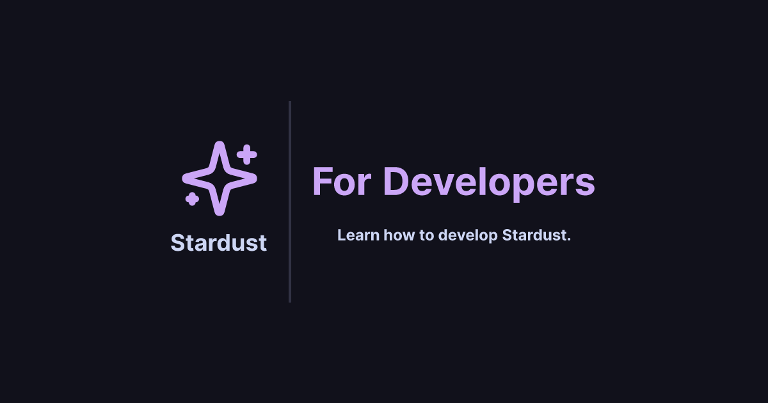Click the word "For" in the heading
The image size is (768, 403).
[x=343, y=182]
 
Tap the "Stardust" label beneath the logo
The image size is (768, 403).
[x=218, y=243]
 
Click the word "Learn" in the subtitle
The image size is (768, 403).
[x=358, y=235]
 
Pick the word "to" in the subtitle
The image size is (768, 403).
[x=428, y=235]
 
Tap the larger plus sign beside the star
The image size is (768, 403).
[x=246, y=155]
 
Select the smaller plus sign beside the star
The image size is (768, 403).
[x=191, y=199]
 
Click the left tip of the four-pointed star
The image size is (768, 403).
[x=185, y=177]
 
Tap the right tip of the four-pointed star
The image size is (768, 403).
[x=254, y=177]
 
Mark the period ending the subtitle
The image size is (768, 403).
[x=568, y=239]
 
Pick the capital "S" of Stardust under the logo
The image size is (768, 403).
[x=177, y=243]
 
